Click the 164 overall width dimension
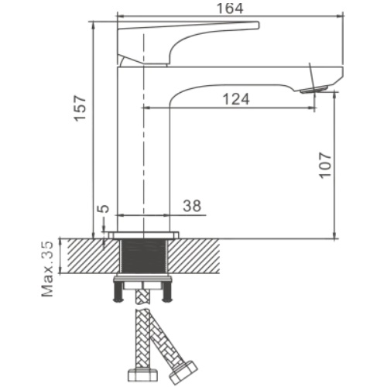230,9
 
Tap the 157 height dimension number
80,108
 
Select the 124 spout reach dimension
236,99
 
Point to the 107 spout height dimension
325,166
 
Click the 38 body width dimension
192,206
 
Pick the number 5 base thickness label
103,208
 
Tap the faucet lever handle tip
257,25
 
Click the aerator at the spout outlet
314,90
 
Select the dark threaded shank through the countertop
144,256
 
